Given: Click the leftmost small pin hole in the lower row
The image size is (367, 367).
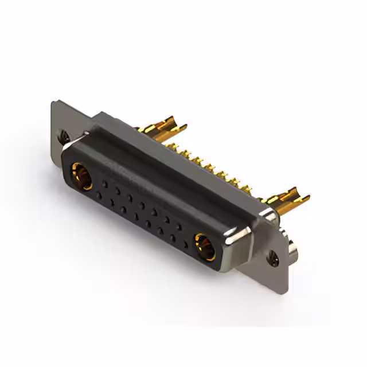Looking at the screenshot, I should (x=99, y=196).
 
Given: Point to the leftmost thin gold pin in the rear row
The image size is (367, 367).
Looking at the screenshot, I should (x=182, y=151).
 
